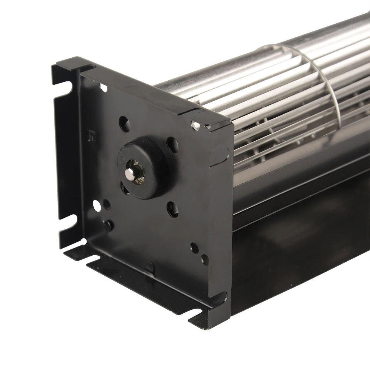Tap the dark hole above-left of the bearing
[x=124, y=124]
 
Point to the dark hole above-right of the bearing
[x=171, y=144]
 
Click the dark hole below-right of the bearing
[x=172, y=209]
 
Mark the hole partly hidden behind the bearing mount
[x=124, y=188]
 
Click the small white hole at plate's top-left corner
[x=104, y=88]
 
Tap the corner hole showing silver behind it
[x=195, y=125]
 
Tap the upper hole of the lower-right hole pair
[x=194, y=248]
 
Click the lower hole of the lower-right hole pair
[x=204, y=260]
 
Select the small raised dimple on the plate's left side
[x=90, y=135]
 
